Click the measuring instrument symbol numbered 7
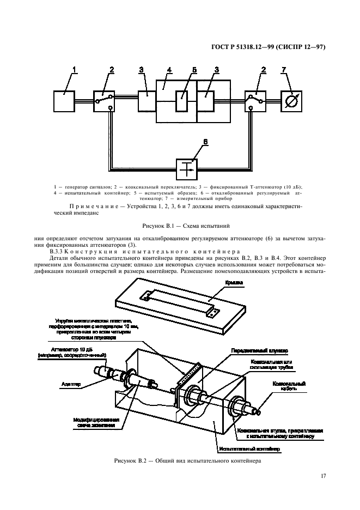coord(291,101)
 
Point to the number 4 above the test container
coord(169,70)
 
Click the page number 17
coord(322,476)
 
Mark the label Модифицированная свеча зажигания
coord(93,423)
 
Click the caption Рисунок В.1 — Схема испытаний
coord(180,224)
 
